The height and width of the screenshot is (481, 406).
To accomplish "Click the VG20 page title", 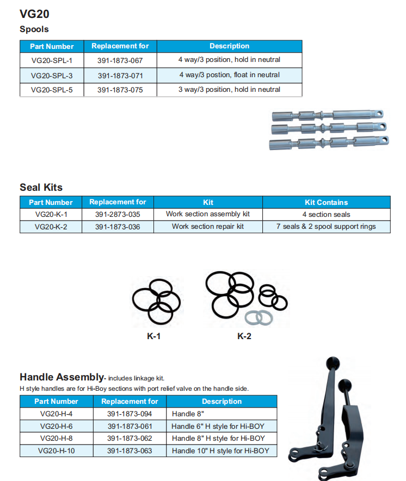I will coord(34,14).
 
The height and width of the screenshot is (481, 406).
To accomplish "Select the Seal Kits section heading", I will coord(41,188).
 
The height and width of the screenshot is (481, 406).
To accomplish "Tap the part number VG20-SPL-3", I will coord(52,75).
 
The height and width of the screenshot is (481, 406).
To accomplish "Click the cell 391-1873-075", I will coord(120,90).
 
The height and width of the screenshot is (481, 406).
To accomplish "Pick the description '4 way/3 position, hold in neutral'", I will coord(229,60).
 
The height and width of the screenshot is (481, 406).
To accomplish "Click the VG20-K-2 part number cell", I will coord(51,227).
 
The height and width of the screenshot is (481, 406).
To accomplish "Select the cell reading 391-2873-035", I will coord(118,214).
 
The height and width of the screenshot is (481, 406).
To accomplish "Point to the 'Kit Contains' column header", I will coord(326,202).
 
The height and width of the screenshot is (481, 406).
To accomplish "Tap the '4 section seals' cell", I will coord(326,215).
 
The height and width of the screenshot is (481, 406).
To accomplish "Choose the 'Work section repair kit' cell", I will coord(208,227).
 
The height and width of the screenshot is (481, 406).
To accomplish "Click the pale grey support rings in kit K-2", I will coord(258,317).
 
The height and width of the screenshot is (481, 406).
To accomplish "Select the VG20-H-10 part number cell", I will coord(57,451).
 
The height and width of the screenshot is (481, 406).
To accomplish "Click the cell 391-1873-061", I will coord(130,426).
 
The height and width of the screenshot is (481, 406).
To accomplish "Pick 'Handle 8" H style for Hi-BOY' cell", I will coord(218,439).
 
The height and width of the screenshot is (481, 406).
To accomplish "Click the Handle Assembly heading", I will coord(61,377).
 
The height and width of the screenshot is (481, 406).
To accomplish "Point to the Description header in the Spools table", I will coord(229,46).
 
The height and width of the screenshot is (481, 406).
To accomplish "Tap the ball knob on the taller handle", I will coord(331,361).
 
